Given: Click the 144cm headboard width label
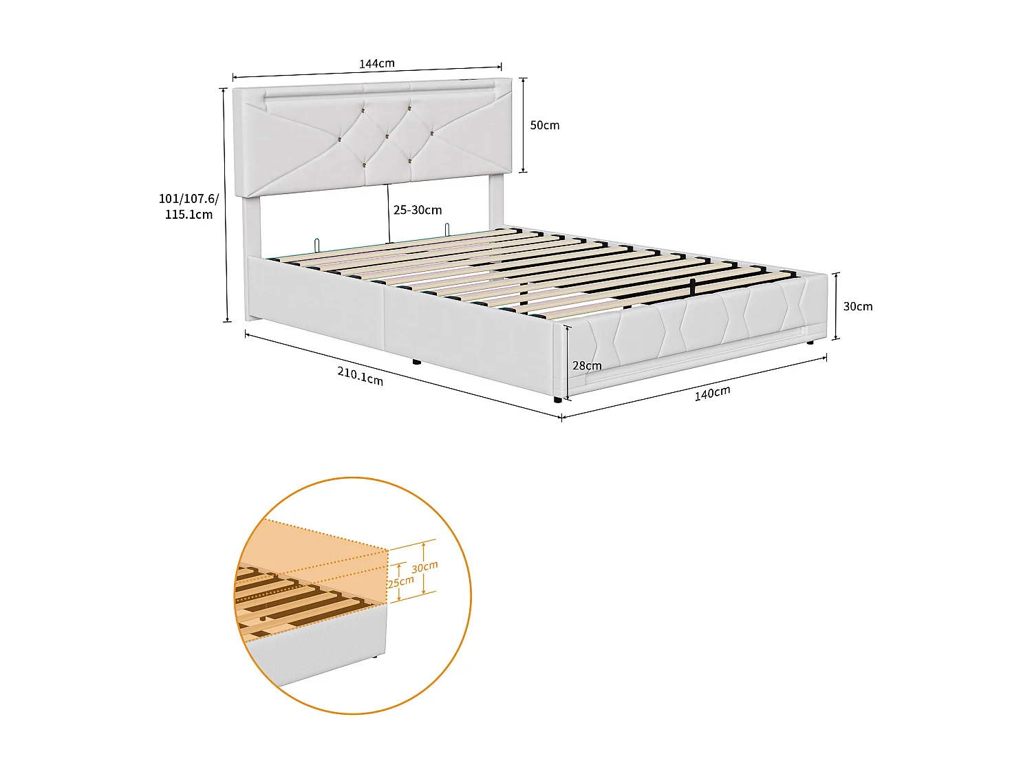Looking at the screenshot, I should tap(377, 64).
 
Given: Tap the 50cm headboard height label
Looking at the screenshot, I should tap(544, 125).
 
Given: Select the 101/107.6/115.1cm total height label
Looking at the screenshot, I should tap(189, 206).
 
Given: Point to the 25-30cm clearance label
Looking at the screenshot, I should tap(418, 211).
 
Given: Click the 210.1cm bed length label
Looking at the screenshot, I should tap(360, 376).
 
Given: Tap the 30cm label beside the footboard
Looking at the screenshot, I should tap(858, 307).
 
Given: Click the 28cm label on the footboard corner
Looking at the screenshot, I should tap(587, 366).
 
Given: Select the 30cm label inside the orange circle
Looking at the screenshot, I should tap(424, 568).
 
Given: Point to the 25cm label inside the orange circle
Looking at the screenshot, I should tap(401, 582).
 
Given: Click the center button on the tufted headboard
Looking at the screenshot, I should tap(387, 136).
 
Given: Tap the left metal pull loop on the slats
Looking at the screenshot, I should tap(316, 244).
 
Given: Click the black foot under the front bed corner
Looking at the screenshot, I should tap(557, 399).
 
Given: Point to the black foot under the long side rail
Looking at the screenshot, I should tap(416, 361).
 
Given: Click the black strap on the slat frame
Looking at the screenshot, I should tap(692, 288).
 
